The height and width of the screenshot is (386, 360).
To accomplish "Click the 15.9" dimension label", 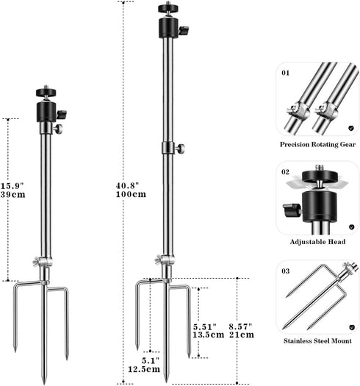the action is (x=12, y=186).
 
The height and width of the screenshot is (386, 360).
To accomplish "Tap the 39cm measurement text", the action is (x=12, y=195).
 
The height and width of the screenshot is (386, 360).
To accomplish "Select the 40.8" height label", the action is (x=127, y=185).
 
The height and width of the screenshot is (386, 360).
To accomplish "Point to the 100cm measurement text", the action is (x=131, y=194).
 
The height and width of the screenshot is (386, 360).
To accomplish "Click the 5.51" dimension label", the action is (x=204, y=327).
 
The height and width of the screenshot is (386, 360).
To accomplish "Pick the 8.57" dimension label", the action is (x=241, y=327).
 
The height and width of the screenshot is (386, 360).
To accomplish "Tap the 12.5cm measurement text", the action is (x=144, y=369).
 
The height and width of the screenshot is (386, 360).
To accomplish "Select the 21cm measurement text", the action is (x=242, y=335).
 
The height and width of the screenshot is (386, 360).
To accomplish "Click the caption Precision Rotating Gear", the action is (x=317, y=145).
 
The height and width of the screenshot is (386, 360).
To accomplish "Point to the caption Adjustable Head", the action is (x=317, y=242).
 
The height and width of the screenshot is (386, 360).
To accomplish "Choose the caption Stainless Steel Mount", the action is (x=317, y=341).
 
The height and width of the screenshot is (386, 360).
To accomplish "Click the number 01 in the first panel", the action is (x=286, y=73).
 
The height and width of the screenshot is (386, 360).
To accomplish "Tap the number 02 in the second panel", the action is (x=286, y=172).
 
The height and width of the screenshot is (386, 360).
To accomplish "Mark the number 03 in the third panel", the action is (x=286, y=271).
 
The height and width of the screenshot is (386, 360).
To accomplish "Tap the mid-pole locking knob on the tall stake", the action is (x=181, y=149).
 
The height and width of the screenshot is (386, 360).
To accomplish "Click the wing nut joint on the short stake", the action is (x=41, y=262).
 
